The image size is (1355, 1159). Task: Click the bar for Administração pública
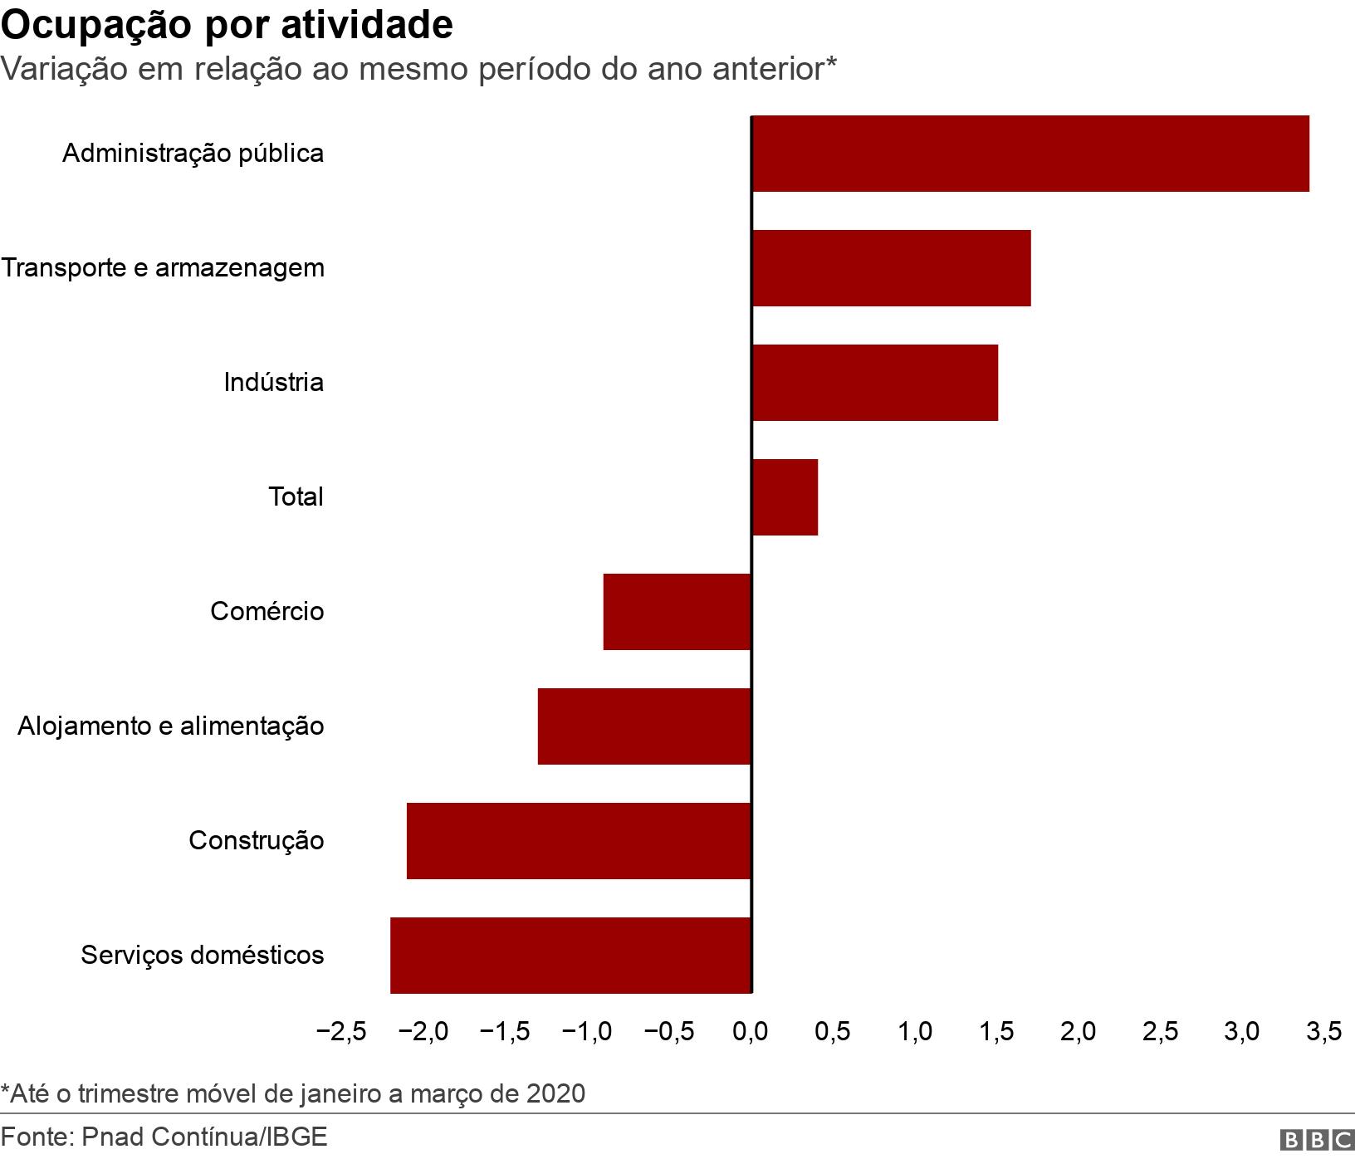click(x=1030, y=154)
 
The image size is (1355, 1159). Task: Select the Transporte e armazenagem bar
click(x=891, y=268)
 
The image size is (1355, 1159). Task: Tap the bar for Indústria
click(x=874, y=383)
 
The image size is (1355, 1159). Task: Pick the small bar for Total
click(x=785, y=497)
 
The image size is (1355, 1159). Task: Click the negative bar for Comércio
click(x=677, y=612)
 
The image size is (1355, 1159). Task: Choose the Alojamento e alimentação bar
click(x=644, y=726)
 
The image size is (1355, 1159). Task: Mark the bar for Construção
click(x=579, y=841)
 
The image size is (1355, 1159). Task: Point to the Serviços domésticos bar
click(x=570, y=956)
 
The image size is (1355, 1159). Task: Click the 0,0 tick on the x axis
click(x=751, y=1032)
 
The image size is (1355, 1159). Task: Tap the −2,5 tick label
click(x=341, y=1032)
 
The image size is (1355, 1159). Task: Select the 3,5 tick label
click(x=1323, y=1032)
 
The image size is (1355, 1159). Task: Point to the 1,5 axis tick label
click(x=996, y=1032)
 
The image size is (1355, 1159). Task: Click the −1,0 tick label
click(x=586, y=1032)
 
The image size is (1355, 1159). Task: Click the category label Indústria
click(x=273, y=383)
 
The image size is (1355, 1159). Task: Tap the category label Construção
click(x=256, y=841)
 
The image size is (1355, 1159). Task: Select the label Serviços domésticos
click(x=202, y=956)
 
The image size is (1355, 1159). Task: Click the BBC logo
click(x=1316, y=1141)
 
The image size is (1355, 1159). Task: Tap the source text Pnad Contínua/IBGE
click(x=204, y=1137)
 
